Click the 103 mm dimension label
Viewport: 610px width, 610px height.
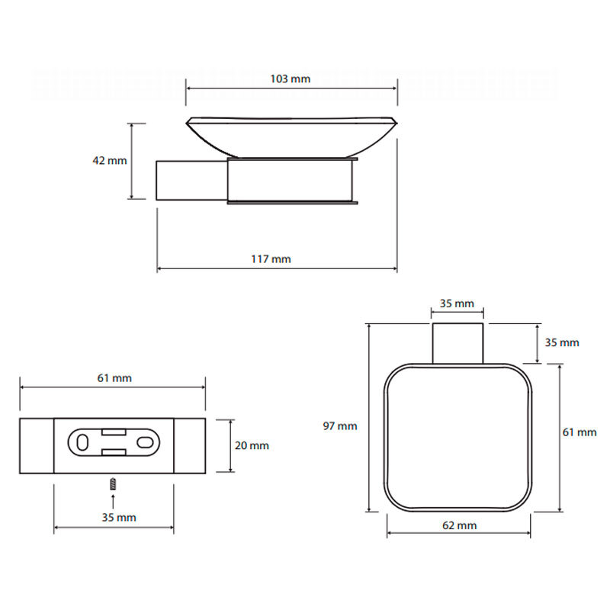(291, 79)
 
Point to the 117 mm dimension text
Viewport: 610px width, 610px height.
(271, 259)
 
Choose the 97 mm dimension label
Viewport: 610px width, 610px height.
(340, 426)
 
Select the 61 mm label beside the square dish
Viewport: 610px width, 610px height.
(579, 432)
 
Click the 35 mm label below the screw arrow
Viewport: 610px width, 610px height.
(119, 518)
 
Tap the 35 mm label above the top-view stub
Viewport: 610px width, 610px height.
(457, 303)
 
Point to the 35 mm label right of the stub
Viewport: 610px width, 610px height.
(563, 342)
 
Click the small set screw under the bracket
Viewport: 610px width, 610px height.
(112, 483)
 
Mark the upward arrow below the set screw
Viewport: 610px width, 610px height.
(112, 500)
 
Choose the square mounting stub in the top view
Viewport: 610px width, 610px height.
(457, 342)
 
